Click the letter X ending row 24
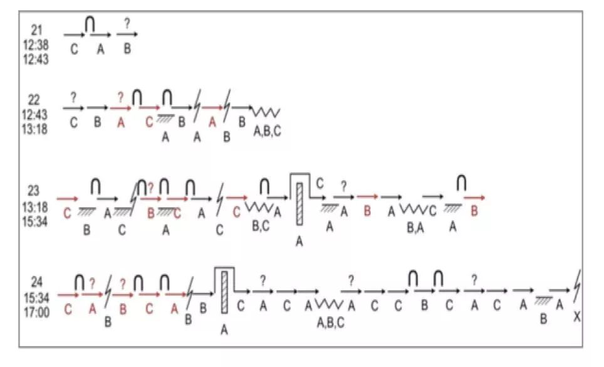[x=576, y=318]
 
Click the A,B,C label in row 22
[x=266, y=131]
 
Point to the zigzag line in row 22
[x=266, y=112]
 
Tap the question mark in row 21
[x=127, y=24]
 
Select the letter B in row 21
[x=127, y=48]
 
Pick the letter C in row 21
[x=74, y=49]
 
